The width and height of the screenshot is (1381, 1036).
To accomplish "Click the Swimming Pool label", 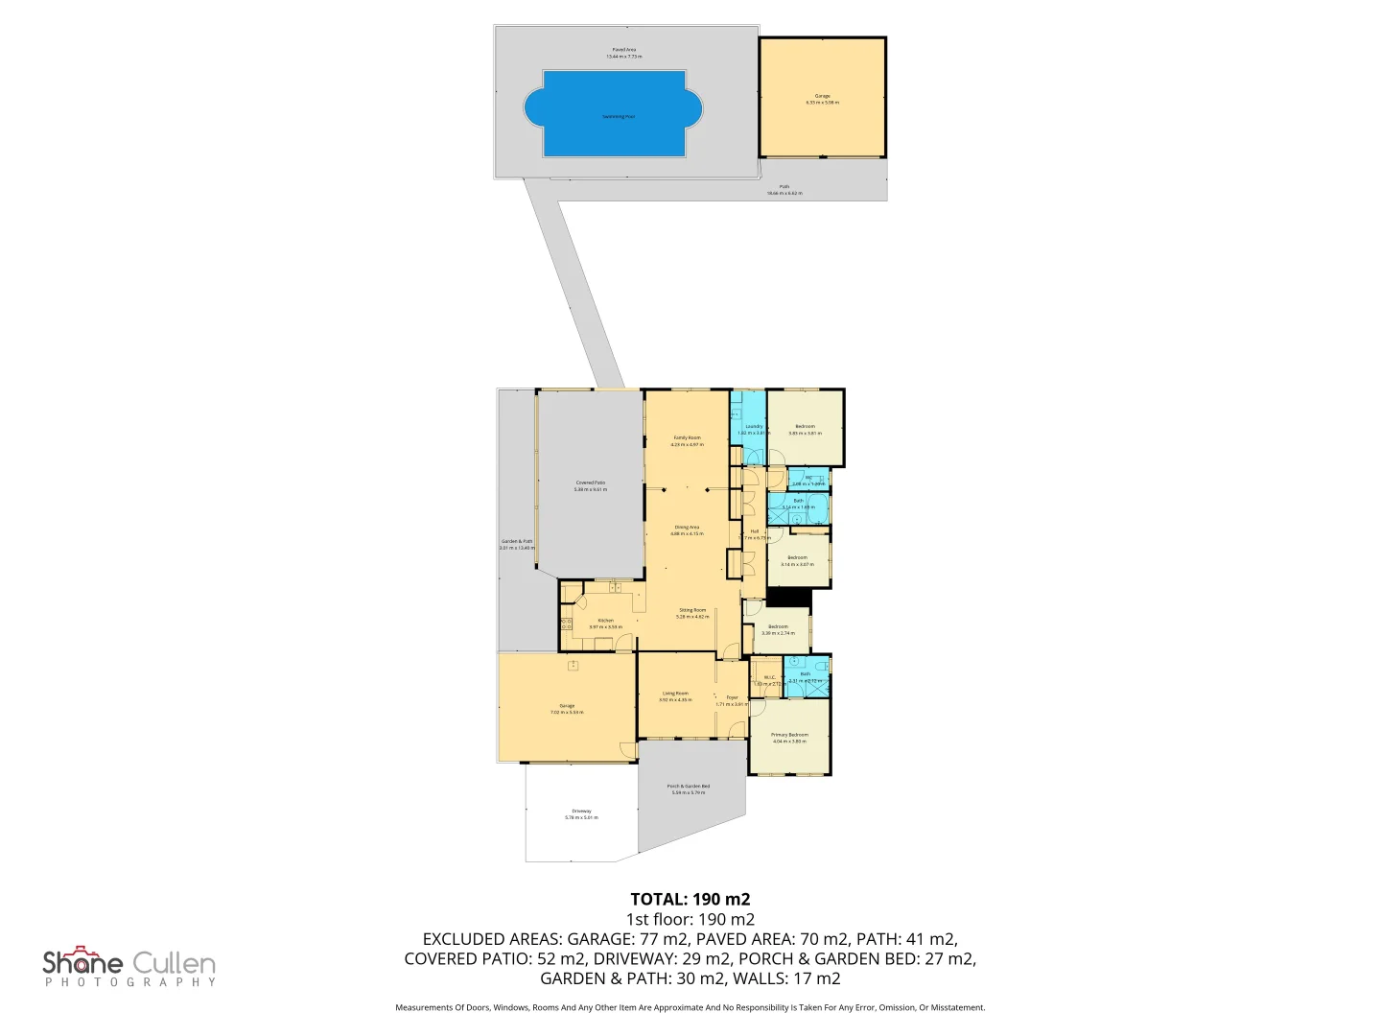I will click(618, 117).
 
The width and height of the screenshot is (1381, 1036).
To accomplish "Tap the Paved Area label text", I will click(623, 53).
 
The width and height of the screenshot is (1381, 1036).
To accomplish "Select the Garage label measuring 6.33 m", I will click(822, 99).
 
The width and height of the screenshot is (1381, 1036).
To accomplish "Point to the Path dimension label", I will click(784, 190).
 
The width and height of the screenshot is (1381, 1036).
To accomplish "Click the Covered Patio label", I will click(590, 486).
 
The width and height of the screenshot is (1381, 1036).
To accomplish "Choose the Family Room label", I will click(687, 441).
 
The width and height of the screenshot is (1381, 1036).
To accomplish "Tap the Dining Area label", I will click(687, 530).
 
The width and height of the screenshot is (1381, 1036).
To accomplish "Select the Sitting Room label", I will click(692, 613).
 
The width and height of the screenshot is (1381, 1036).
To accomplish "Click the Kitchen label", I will click(605, 624).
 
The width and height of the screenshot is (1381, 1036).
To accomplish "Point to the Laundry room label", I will click(754, 429).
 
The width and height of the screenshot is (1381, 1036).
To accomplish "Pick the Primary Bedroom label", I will click(789, 738).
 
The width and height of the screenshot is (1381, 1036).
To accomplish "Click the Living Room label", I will click(675, 696).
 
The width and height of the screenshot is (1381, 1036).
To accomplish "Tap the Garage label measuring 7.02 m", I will click(567, 709).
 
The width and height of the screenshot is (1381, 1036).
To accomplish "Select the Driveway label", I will click(581, 814).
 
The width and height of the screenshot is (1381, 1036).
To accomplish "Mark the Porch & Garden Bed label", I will click(689, 789).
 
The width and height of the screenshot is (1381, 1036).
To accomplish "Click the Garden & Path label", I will click(516, 544).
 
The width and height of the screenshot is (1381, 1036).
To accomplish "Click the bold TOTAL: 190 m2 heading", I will click(690, 899).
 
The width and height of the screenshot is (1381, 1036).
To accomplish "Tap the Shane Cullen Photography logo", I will click(129, 966).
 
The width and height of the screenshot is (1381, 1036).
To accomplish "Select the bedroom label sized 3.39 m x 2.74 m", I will click(778, 629).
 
